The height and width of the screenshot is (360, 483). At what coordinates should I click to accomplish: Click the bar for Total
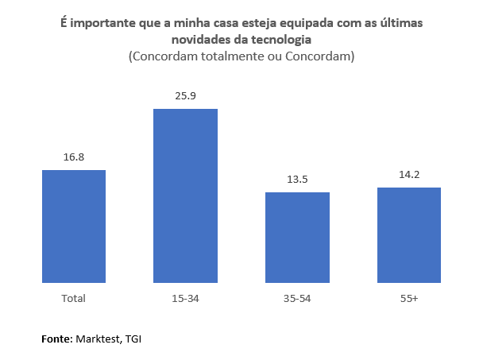click(x=74, y=226)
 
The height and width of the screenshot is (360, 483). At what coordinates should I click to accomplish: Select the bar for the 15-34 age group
click(x=185, y=195)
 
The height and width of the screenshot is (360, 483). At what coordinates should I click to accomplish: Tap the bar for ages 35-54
click(x=297, y=237)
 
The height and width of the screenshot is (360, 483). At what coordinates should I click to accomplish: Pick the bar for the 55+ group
click(x=408, y=234)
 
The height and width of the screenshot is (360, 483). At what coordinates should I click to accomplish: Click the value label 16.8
click(x=74, y=157)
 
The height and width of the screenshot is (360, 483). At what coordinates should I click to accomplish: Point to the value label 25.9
click(x=185, y=96)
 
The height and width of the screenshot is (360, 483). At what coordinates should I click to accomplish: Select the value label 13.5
click(x=297, y=180)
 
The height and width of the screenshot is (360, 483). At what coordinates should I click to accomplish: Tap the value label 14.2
click(x=408, y=175)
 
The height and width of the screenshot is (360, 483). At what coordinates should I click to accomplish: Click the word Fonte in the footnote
click(x=56, y=339)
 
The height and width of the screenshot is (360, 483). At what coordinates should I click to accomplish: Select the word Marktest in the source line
click(x=99, y=339)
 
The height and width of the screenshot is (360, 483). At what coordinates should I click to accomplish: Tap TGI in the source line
click(x=133, y=339)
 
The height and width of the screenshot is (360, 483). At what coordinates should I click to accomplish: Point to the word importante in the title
click(x=100, y=23)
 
